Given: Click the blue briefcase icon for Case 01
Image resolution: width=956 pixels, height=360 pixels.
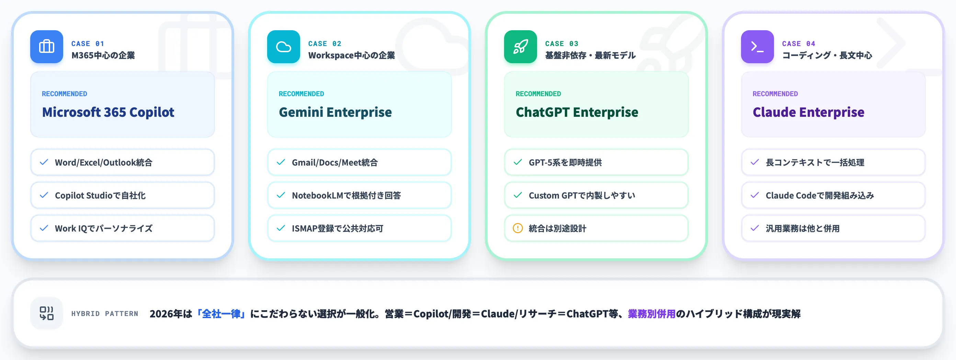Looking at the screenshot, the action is coord(46,47).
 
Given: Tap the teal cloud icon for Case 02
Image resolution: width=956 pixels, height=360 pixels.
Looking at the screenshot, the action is coord(284,47).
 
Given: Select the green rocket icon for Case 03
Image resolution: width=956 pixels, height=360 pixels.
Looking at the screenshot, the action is coord(520,47).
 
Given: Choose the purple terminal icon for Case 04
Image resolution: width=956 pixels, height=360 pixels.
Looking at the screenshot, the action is coord(757,47).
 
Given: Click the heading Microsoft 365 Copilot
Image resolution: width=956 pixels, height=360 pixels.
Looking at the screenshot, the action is coord(108,112).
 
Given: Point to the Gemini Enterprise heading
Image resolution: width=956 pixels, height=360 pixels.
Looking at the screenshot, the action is coord(335,112).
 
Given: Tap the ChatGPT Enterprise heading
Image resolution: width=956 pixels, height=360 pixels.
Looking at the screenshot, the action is coord(577,112).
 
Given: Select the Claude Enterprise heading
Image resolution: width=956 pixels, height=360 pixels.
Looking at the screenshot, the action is coord(808,112).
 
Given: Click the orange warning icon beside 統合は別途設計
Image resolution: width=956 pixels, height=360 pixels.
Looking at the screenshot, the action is coord(518,228).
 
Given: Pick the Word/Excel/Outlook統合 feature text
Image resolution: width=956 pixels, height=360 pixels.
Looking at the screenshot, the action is coord(104,162).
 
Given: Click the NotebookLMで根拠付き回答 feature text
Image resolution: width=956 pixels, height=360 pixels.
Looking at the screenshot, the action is coord(346,195).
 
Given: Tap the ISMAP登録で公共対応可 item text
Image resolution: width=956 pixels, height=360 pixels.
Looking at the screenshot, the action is coord(337,229).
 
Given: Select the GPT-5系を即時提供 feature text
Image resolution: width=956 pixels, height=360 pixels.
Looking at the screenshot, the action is coord(565,162).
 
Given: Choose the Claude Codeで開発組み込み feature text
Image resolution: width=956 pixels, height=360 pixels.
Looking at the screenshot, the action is coord(820,195).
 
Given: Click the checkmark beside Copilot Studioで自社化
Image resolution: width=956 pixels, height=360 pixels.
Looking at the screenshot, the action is coord(44,195).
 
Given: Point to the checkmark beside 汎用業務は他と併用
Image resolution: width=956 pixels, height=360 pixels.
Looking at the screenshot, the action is coord(754,228).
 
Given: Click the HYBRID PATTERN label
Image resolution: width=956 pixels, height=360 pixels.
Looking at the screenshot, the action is coord(105,314).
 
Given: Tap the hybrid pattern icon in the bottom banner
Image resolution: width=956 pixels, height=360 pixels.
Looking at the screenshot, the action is coord(46,313).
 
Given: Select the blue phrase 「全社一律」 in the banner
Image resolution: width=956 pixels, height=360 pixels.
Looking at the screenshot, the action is coord(221,314).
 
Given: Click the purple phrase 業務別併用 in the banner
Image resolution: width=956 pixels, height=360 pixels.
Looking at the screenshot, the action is coord(652,314).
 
